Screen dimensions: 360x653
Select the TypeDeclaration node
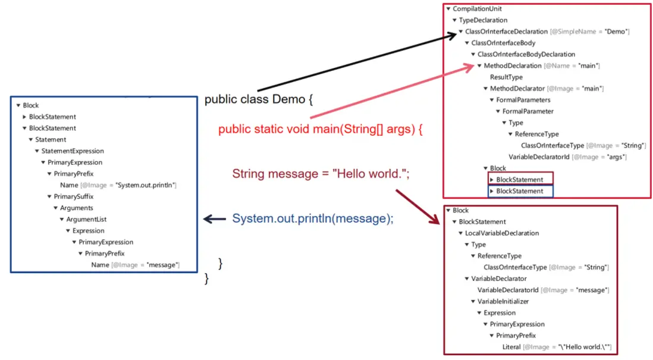[483, 20]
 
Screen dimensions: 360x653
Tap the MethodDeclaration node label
[513, 65]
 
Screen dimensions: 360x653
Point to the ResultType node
[506, 77]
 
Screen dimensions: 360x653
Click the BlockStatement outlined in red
[519, 180]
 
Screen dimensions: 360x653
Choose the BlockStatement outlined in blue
[519, 191]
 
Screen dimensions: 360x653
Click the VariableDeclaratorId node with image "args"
[539, 157]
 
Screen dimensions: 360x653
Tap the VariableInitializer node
[503, 302]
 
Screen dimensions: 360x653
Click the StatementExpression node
[73, 151]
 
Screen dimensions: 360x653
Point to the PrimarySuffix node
[73, 196]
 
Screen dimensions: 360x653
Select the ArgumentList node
[85, 220]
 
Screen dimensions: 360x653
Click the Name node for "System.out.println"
[69, 185]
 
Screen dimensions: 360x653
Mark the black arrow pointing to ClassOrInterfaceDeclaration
[357, 62]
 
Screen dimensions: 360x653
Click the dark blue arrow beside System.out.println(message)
[214, 219]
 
